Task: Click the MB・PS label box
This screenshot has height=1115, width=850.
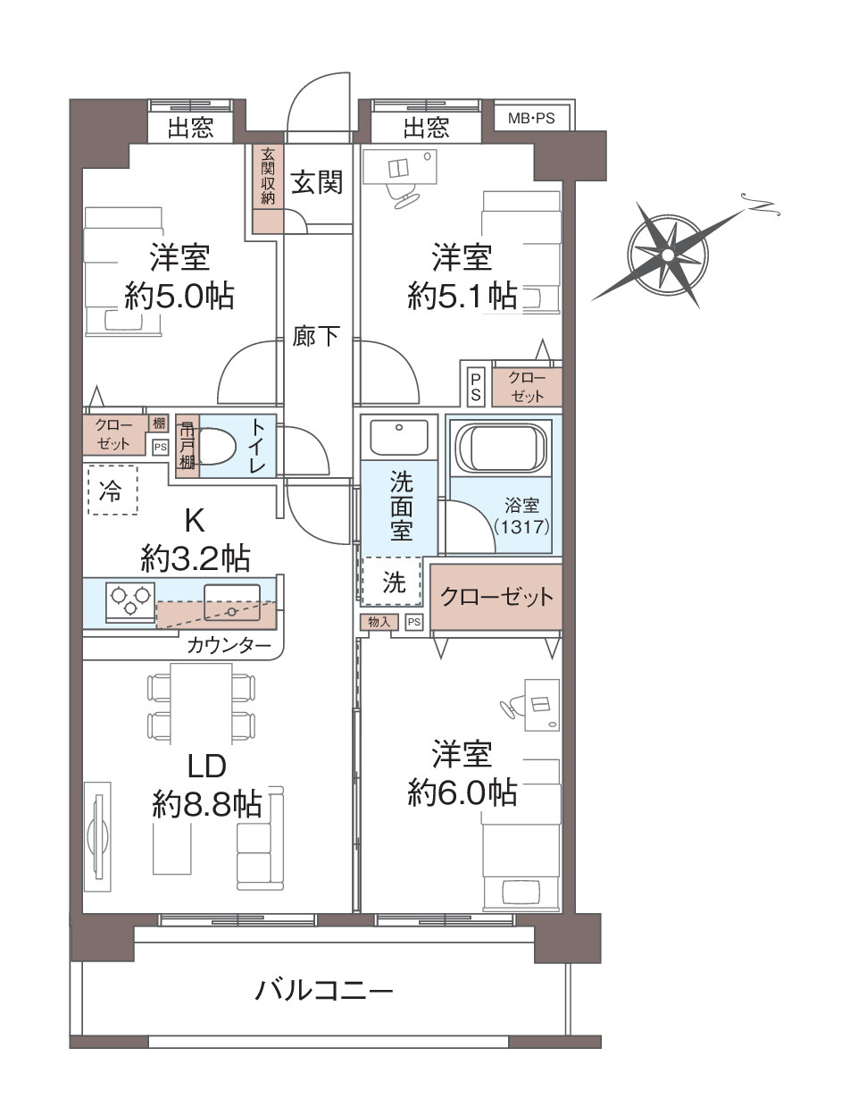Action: [x=531, y=119]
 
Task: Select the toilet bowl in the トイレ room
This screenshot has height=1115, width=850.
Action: [x=218, y=446]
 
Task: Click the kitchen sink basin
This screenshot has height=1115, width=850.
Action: [x=232, y=602]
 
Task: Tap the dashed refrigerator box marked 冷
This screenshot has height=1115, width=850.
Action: [x=112, y=490]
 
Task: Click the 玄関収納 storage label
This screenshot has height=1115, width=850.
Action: [x=268, y=176]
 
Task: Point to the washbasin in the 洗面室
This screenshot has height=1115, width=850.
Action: [x=398, y=436]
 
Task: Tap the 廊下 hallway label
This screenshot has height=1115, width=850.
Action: [x=316, y=335]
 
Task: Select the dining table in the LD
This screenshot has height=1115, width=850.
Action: [x=202, y=703]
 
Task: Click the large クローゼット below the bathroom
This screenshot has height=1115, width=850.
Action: [x=496, y=597]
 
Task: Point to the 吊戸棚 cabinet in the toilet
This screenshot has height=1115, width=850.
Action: [x=187, y=446]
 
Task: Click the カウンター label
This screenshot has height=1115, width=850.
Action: [x=229, y=646]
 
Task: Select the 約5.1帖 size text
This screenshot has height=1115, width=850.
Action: [x=462, y=295]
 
